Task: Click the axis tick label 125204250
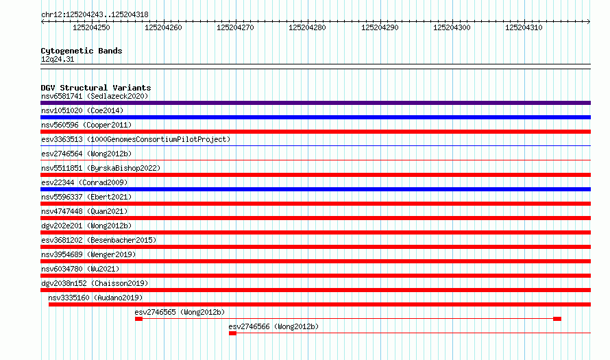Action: [x=91, y=27]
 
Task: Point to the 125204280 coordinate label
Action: [x=307, y=27]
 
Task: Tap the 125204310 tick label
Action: [x=524, y=27]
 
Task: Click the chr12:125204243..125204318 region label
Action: [x=95, y=15]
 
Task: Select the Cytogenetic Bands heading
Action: [x=82, y=51]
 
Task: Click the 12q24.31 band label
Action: [x=58, y=59]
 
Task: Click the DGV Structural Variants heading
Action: [x=96, y=88]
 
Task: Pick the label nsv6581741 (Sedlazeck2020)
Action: [x=95, y=96]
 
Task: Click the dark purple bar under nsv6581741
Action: [x=315, y=103]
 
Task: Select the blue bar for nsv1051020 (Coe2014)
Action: [x=315, y=117]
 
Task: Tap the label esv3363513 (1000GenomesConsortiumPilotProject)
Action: [x=136, y=139]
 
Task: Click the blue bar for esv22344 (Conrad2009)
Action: [x=315, y=189]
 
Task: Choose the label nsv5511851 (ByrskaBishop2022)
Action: [x=101, y=168]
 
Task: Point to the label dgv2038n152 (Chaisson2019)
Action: [x=95, y=283]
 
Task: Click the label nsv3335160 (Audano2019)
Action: [x=95, y=298]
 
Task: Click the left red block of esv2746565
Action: [x=139, y=319]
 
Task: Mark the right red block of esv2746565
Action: [x=557, y=319]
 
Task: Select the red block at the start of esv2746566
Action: [x=232, y=333]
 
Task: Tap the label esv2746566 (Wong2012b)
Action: [x=273, y=326]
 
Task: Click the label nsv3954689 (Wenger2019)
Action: [x=88, y=254]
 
